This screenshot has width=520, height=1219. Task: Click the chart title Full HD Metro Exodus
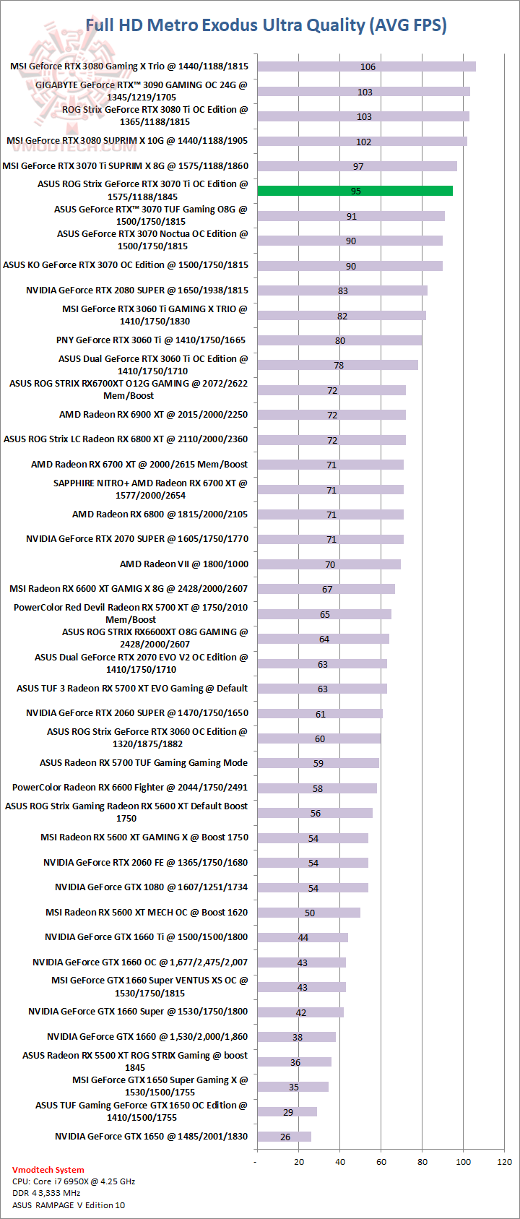[266, 25]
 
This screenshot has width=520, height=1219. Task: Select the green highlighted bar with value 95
[355, 191]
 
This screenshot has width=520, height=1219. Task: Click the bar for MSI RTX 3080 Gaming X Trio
[366, 66]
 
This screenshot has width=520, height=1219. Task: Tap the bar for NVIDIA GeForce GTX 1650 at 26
[284, 1137]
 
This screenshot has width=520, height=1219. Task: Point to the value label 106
[368, 67]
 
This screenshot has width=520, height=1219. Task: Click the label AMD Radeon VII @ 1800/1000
[183, 564]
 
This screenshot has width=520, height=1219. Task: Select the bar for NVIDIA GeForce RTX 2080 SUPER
[342, 290]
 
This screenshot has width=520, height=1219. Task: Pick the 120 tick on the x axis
[504, 1162]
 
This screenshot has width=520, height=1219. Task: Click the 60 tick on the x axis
[381, 1162]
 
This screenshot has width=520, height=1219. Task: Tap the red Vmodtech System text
[48, 1170]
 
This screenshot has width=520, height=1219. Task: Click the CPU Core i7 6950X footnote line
[74, 1181]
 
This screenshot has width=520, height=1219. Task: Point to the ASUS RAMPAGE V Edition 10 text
[69, 1205]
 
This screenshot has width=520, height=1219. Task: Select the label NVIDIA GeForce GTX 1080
[151, 887]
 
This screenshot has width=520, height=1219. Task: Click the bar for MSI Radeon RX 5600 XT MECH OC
[308, 913]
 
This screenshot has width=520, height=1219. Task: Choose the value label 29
[288, 1113]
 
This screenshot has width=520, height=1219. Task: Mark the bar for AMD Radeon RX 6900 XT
[331, 415]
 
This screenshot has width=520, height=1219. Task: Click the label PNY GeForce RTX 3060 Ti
[150, 340]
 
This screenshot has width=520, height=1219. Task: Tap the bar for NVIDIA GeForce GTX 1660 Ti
[302, 937]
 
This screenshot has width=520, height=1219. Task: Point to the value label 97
[358, 167]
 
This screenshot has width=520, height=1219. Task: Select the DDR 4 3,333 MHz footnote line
[46, 1193]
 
